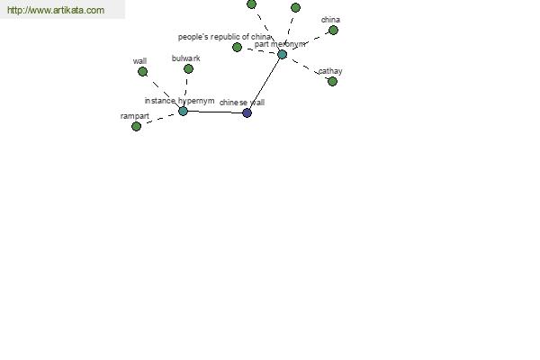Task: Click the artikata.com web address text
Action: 56,10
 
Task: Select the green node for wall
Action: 142,72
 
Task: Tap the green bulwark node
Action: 188,69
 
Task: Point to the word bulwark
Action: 186,58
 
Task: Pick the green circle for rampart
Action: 137,126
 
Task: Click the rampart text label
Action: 135,116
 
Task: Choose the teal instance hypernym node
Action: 184,111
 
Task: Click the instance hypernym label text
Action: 179,101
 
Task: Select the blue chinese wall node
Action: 247,112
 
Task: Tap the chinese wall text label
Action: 242,103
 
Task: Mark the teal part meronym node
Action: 282,54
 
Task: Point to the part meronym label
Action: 280,44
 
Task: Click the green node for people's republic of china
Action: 237,47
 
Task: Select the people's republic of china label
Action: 224,37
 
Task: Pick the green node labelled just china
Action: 333,31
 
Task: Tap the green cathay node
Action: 332,81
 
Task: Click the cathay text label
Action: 330,71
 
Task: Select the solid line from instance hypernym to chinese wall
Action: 215,112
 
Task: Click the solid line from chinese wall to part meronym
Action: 265,84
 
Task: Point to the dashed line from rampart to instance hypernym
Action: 160,119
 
